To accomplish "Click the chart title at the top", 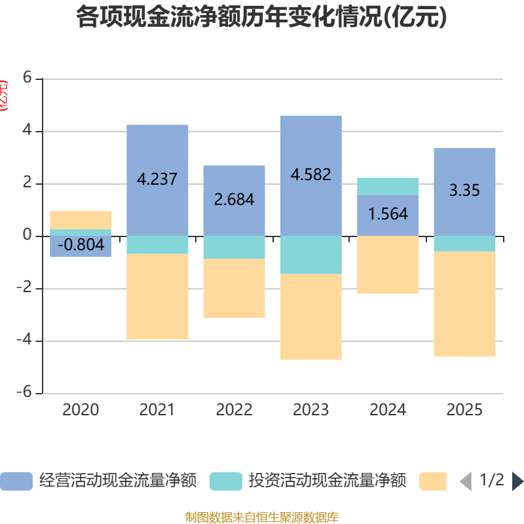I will click(x=261, y=18).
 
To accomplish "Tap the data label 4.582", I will click(x=310, y=175).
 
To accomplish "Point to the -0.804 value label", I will click(x=81, y=245).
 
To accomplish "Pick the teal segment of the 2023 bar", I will click(x=310, y=255).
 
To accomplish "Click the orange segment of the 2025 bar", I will click(x=464, y=305).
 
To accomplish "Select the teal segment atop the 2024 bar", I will click(x=388, y=186).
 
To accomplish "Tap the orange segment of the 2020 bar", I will click(x=81, y=219).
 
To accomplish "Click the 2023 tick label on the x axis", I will click(x=310, y=410).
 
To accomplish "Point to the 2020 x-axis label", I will click(x=81, y=410).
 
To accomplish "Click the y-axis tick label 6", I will click(x=27, y=78).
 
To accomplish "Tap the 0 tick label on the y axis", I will click(x=27, y=235).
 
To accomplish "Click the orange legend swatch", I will click(x=432, y=481).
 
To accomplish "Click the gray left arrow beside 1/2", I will click(x=466, y=481).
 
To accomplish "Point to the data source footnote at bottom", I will click(x=261, y=517).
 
